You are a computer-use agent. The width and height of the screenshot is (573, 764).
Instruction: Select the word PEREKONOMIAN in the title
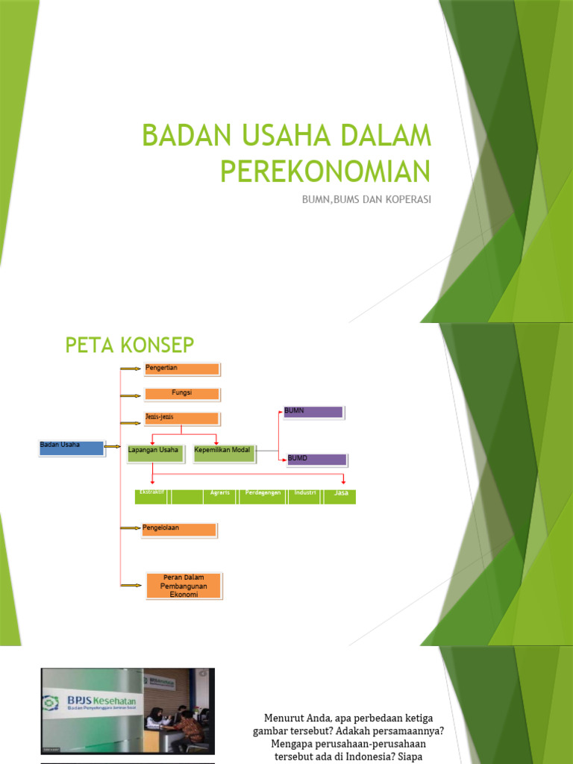click(326, 171)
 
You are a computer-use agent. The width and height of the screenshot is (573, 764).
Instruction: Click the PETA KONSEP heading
click(130, 345)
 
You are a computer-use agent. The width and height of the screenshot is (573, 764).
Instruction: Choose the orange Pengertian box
click(181, 369)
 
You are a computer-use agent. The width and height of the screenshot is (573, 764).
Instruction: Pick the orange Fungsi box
click(181, 393)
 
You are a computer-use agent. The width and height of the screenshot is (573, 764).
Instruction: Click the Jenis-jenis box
click(181, 418)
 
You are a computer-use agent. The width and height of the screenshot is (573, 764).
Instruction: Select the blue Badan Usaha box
click(71, 448)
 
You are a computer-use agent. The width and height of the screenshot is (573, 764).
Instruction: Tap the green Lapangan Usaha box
click(154, 452)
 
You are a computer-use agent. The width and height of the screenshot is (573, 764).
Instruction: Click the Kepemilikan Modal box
click(224, 452)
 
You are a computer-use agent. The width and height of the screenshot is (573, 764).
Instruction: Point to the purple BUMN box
click(313, 412)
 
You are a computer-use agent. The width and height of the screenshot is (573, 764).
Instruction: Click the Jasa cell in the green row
click(341, 496)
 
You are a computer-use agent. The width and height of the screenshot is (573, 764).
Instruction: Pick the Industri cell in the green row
click(305, 496)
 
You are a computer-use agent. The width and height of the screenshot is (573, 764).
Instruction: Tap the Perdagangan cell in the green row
click(263, 496)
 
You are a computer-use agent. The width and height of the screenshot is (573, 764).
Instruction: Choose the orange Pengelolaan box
click(179, 530)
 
